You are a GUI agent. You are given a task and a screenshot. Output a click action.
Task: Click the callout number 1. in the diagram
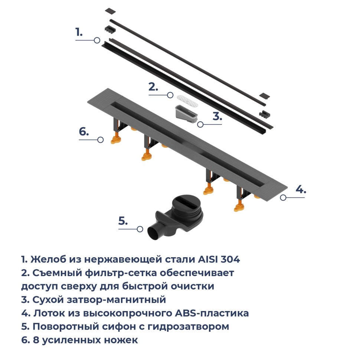[79, 32]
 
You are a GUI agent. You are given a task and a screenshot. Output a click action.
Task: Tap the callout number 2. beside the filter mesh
[153, 87]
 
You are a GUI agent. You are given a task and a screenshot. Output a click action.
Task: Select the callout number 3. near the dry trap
[217, 116]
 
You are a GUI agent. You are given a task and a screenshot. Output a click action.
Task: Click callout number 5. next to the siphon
[123, 221]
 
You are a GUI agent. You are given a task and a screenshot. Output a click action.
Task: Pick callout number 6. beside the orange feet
[84, 131]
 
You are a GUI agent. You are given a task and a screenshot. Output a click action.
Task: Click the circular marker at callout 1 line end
[97, 40]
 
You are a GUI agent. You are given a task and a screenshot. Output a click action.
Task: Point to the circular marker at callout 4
[283, 197]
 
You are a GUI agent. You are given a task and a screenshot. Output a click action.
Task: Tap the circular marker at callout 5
[140, 229]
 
